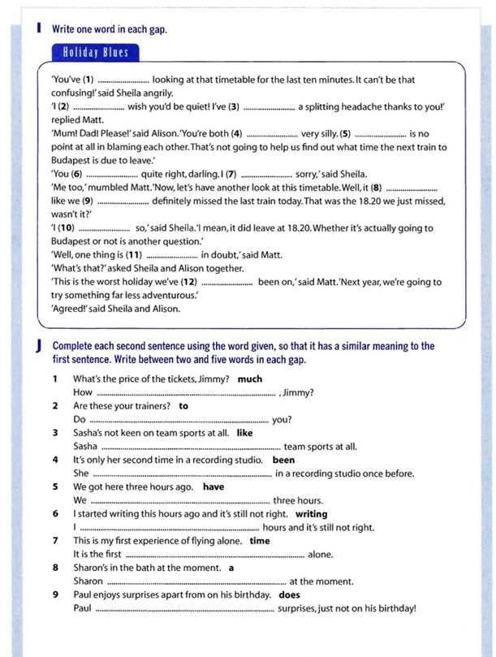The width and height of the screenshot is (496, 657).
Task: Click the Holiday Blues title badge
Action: point(94,54)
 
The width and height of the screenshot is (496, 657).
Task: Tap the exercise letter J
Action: point(39,346)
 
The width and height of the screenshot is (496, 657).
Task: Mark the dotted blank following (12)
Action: point(226,282)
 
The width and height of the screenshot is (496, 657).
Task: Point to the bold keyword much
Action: point(250,379)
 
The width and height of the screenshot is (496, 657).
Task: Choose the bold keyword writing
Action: point(311,513)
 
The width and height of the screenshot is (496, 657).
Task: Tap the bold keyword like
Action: point(244,433)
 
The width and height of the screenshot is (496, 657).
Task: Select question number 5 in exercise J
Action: point(54,486)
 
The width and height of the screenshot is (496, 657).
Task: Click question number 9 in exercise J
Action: point(54,594)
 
